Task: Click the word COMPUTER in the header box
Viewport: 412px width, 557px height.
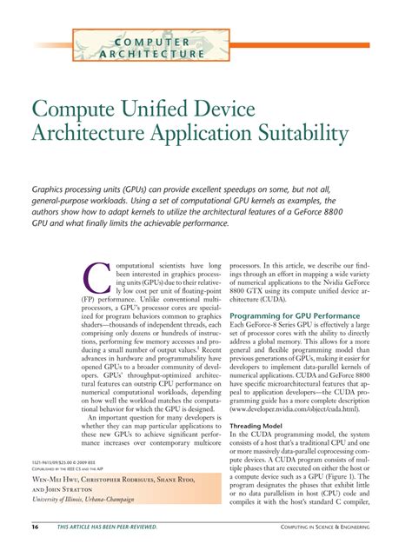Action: pyautogui.click(x=153, y=41)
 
